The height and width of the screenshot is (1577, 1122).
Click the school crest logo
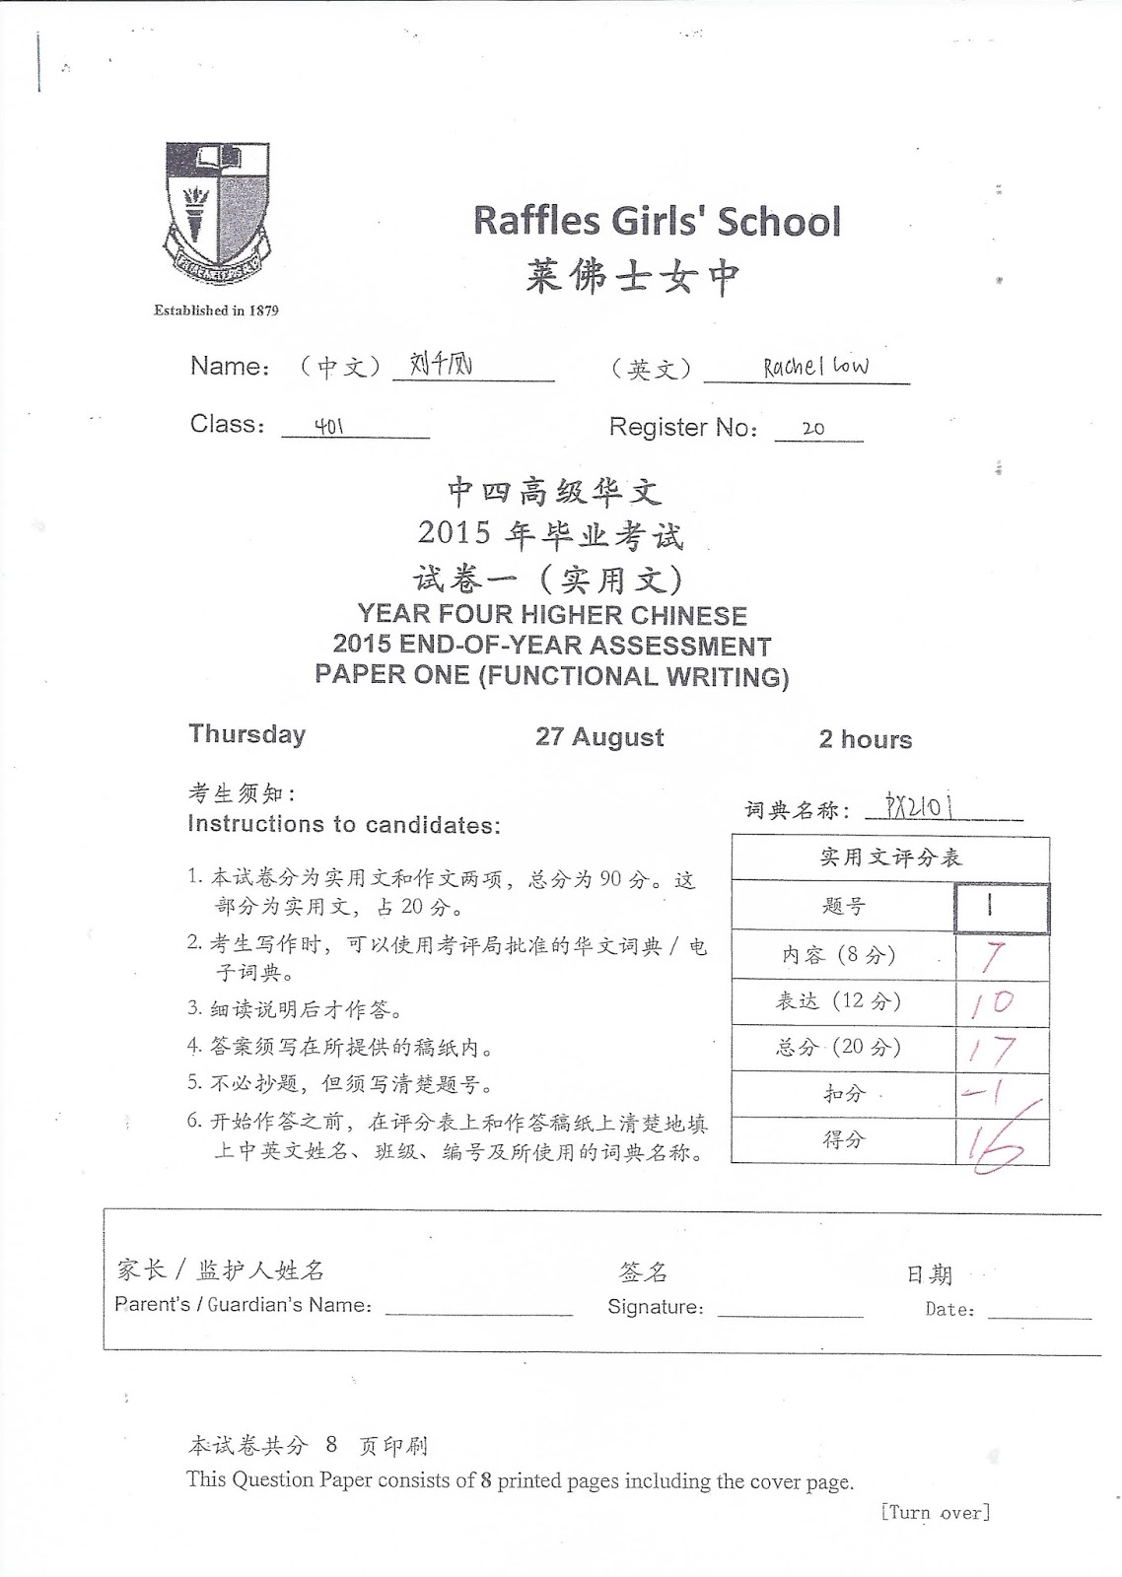(217, 213)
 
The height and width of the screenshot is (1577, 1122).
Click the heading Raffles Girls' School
(657, 221)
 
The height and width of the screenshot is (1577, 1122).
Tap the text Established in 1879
(216, 310)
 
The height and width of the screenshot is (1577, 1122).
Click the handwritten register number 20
(813, 429)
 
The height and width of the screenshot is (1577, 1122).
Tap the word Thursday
(247, 734)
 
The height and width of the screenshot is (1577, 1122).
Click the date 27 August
(599, 737)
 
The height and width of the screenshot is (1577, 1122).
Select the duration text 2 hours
(865, 740)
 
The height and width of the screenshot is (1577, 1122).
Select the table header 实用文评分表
(889, 857)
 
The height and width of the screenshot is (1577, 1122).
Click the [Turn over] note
(935, 1513)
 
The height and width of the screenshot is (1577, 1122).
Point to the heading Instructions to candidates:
(344, 825)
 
